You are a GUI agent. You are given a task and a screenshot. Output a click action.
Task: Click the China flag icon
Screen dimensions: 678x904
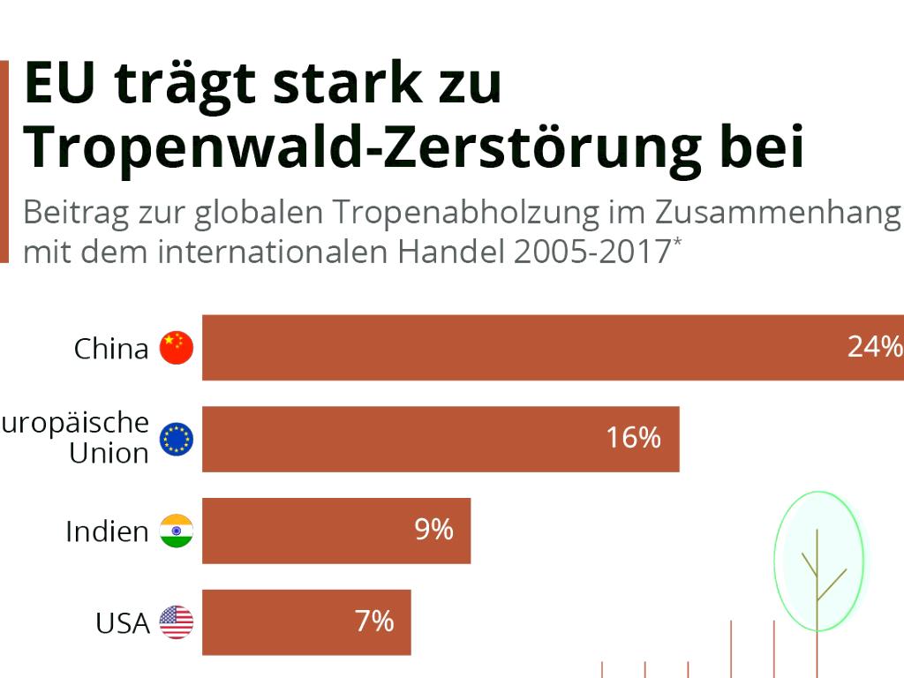pos(176,348)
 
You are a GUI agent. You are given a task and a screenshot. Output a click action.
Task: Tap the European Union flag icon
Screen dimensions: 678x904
pos(176,439)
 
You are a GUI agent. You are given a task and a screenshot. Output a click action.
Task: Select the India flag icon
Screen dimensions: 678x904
pos(176,531)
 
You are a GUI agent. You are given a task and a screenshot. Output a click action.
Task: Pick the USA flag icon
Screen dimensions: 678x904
pos(176,622)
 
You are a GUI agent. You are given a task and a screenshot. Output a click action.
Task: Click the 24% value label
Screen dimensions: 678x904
pos(874,347)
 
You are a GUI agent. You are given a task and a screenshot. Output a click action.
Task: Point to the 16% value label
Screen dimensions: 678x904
pos(633,437)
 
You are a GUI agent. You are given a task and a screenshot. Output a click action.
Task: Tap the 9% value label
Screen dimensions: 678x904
pos(433,529)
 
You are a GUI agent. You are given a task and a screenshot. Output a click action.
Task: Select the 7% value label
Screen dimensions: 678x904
pos(374,621)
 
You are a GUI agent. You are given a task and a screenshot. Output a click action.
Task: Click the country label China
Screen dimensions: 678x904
pos(111,349)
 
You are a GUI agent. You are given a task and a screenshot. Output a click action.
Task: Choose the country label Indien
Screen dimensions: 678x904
pos(107,531)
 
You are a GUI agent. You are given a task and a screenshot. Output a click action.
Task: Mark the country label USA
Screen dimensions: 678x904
pos(122,623)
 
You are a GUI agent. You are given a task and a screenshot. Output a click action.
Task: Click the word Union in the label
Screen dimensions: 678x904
pos(109,454)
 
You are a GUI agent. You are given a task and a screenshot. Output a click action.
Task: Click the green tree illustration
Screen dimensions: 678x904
pos(817,561)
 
